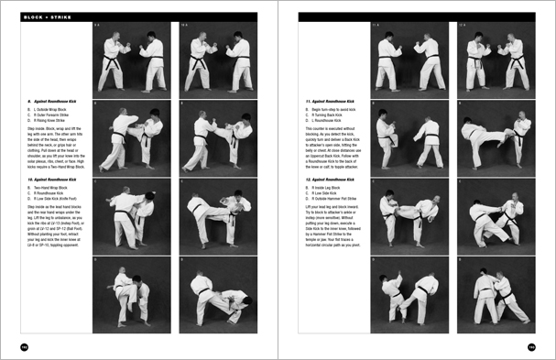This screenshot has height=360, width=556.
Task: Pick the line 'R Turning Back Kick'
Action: (x=333, y=111)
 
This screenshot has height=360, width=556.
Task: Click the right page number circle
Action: (x=531, y=347)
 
